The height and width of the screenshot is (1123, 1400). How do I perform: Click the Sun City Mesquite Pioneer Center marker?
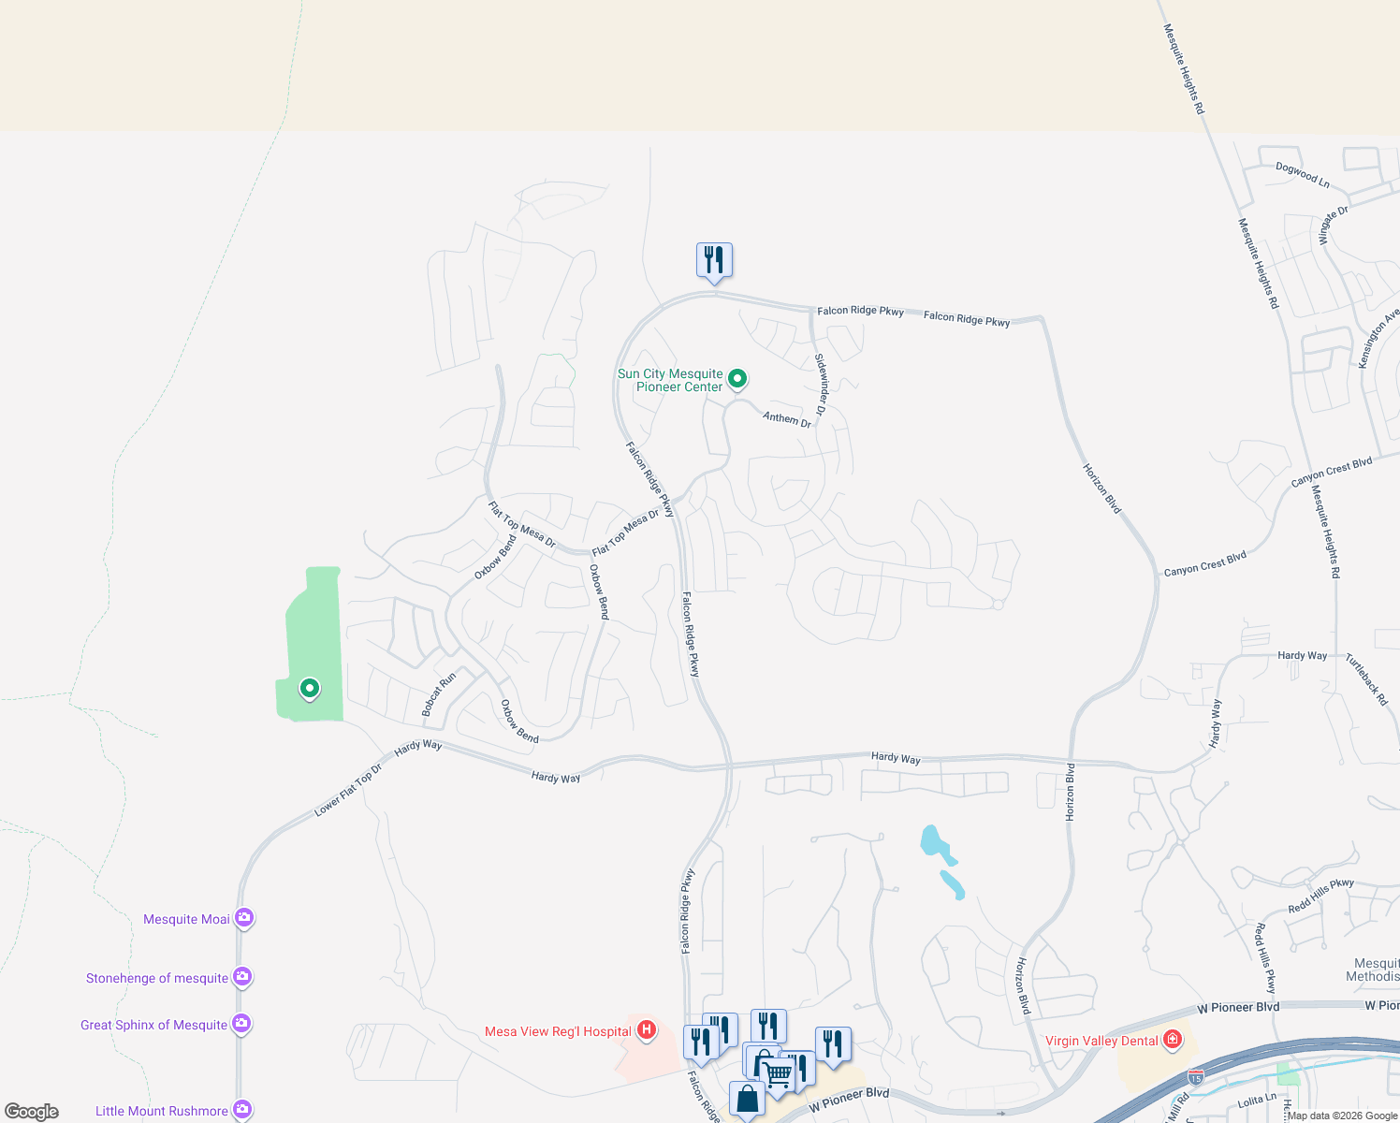(737, 378)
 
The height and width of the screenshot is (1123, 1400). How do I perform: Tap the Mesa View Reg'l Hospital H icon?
(646, 1030)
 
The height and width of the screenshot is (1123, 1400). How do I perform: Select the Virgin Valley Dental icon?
(1173, 1040)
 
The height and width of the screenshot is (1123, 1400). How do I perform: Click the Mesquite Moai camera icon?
(244, 918)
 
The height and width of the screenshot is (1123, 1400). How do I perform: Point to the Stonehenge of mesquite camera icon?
(242, 977)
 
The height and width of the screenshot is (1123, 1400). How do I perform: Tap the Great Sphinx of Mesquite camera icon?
(241, 1024)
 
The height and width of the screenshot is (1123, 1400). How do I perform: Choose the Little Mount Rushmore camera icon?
(242, 1110)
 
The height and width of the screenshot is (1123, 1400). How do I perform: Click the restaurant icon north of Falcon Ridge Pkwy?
(714, 259)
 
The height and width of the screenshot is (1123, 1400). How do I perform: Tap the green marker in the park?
(310, 689)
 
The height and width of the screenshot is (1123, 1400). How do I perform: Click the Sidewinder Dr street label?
(821, 385)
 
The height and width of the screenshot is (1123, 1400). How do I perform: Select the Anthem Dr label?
(787, 418)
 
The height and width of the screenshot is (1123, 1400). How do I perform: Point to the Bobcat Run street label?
(439, 694)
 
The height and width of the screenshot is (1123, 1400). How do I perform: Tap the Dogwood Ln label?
(1303, 175)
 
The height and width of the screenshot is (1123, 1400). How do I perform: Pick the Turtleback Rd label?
(1367, 679)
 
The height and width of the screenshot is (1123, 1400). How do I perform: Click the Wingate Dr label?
(1334, 225)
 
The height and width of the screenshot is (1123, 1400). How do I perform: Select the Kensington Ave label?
(1378, 339)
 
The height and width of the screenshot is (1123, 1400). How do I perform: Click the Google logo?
(32, 1112)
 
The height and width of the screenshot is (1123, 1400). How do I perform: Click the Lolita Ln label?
(1257, 1101)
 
